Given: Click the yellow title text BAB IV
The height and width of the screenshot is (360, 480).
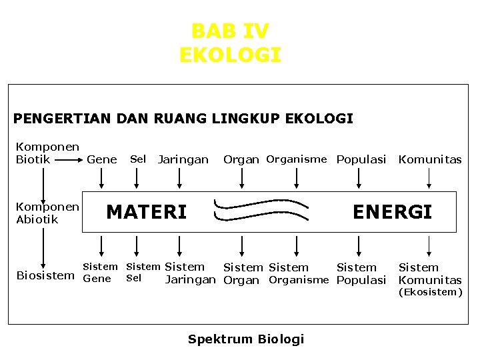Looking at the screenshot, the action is coord(230,31).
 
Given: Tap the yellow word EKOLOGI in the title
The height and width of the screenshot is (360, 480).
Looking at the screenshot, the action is coord(230,55).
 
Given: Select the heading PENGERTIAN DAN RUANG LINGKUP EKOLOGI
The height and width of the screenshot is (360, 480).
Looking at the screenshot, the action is coord(183,119).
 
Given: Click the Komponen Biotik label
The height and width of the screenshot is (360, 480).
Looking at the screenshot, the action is coord(47,153).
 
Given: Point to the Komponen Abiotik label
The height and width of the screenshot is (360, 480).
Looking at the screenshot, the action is coord(47,213).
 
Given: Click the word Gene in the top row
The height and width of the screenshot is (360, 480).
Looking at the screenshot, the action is coord(102,159).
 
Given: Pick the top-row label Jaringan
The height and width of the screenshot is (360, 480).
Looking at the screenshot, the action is coord(183,159).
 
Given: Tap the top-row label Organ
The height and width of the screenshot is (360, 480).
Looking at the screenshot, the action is coord(241,159).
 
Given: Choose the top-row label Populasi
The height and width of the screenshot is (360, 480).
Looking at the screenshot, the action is coord(361,159).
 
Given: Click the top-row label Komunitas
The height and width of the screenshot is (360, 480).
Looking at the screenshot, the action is coord(429,159).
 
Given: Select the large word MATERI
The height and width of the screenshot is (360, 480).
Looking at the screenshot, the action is coord(147,212).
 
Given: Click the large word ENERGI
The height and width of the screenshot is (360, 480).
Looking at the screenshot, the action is coord(392,212).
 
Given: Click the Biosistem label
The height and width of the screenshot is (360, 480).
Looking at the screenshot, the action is coord(45,275).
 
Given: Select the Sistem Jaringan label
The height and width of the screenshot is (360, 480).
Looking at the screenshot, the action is coord(189,273).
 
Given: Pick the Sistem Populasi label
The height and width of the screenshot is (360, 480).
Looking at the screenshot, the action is coord(361,273).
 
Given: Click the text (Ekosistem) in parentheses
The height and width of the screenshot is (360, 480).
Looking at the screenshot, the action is coord(430,292).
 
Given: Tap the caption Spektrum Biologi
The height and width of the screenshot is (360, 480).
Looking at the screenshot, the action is coord(245,339).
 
